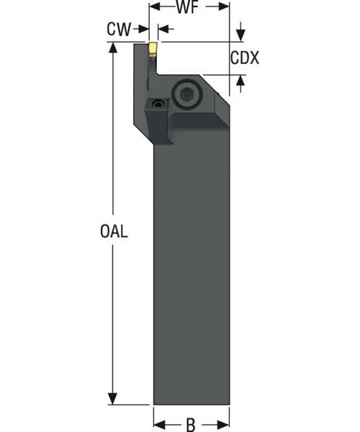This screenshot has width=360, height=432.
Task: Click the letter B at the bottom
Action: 191,425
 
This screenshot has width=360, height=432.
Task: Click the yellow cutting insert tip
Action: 153,49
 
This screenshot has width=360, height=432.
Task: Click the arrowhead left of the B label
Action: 159,425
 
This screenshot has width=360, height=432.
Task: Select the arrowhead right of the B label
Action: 224,425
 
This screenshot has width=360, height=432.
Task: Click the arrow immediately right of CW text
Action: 142,30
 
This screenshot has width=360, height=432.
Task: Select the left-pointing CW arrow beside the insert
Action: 163,30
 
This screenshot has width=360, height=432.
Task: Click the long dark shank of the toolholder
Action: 191,274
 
